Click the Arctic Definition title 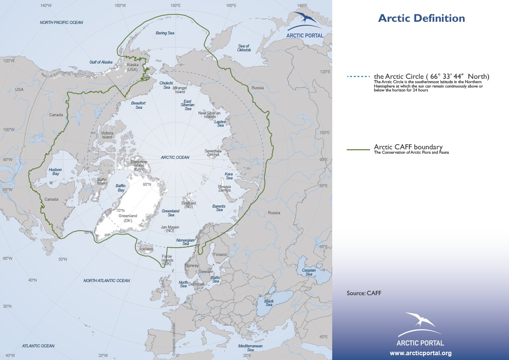click(x=421, y=18)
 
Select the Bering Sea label click(x=165, y=33)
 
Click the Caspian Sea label click(x=309, y=272)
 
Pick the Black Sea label click(x=269, y=303)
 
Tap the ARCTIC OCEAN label click(x=175, y=158)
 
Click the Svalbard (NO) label click(x=189, y=205)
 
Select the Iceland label click(x=146, y=249)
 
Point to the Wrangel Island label click(x=180, y=90)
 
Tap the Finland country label click(x=220, y=255)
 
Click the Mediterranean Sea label click(x=250, y=347)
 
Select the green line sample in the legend click(x=359, y=149)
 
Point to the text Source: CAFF click(x=364, y=293)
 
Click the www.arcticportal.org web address click(x=420, y=353)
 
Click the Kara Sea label click(x=229, y=175)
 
